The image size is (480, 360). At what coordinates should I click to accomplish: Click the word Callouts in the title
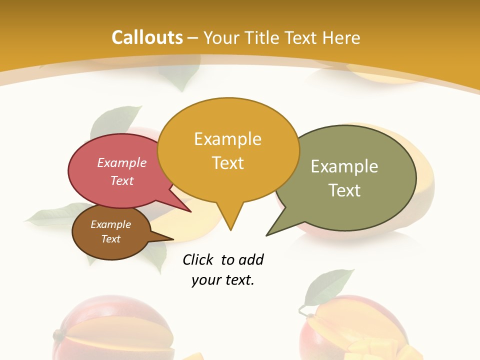(147, 37)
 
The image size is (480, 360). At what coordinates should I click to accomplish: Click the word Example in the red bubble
(122, 162)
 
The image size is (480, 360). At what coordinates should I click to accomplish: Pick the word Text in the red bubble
(122, 180)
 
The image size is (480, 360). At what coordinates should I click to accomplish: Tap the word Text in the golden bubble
(228, 162)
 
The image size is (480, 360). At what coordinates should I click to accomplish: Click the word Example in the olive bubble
(344, 166)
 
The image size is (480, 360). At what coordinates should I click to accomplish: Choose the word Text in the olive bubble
(344, 190)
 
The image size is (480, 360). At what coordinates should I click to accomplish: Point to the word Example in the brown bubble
(110, 224)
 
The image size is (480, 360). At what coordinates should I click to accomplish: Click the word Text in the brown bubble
(110, 239)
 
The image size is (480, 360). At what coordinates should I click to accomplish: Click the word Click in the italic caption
(198, 259)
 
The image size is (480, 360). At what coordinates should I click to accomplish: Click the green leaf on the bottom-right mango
(325, 286)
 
